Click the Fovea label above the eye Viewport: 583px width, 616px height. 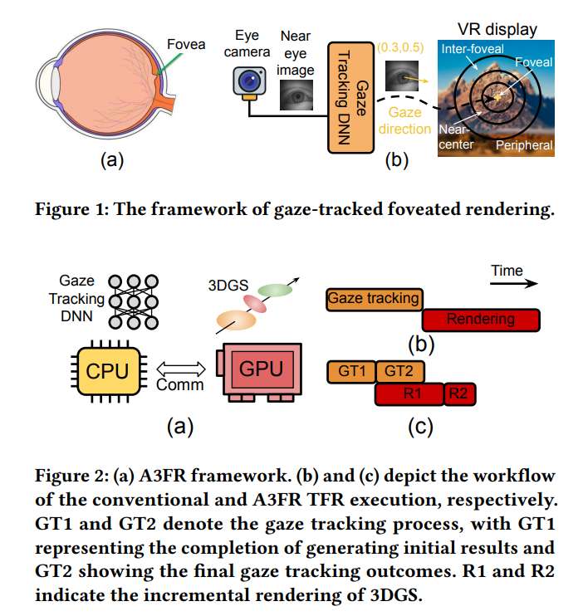186,43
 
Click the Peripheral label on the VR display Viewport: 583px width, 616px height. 524,145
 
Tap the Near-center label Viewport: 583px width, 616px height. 454,138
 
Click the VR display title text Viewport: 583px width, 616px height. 498,30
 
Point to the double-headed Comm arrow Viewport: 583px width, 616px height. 179,366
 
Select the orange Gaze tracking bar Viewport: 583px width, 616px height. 374,298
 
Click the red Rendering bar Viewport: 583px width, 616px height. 480,319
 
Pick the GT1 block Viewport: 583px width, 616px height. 351,371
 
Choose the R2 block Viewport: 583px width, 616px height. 458,394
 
